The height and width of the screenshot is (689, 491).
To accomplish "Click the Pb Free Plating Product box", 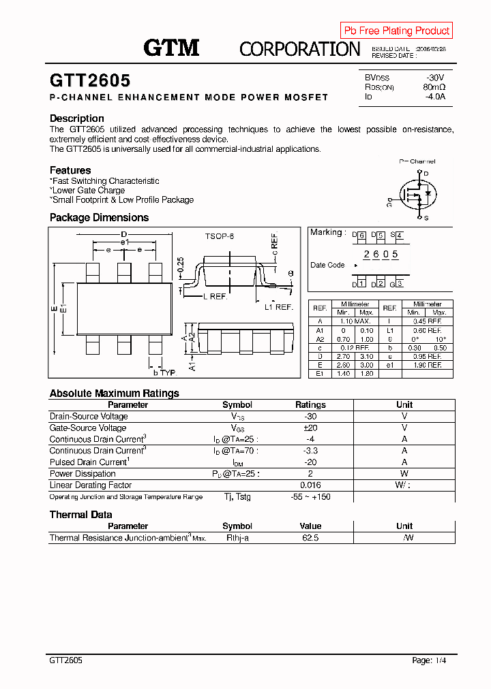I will (396, 31).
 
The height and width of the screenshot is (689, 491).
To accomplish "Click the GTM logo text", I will (171, 48).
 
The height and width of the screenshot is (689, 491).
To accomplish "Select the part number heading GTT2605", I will (90, 80).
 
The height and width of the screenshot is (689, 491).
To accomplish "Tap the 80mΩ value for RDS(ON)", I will (434, 87).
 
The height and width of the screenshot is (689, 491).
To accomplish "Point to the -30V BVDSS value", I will (434, 78).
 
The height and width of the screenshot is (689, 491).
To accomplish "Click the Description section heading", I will (77, 118).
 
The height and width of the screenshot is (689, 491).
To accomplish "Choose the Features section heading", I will (70, 170).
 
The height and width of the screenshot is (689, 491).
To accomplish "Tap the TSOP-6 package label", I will (219, 236).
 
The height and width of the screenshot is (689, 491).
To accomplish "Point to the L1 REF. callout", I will (278, 307).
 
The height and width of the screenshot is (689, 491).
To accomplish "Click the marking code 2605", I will (381, 255).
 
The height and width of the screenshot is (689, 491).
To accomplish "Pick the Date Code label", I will (327, 265).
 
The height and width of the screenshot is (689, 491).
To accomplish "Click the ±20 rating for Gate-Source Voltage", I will (310, 428).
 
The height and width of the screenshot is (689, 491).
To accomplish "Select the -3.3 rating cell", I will (310, 451).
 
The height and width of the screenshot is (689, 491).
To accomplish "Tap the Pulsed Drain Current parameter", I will (89, 462).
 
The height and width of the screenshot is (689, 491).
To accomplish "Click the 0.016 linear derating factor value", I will (310, 485).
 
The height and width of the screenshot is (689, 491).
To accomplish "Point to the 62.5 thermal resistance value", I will (310, 538).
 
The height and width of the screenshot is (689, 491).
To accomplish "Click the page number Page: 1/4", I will (430, 660).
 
